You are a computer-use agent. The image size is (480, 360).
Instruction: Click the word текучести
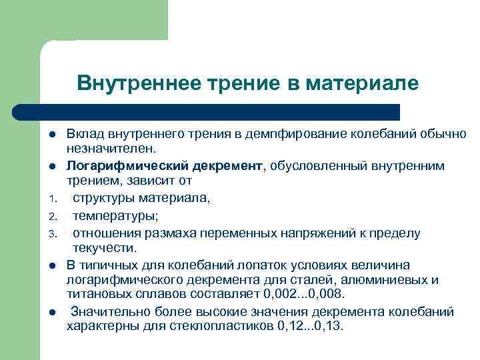(x=103, y=247)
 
